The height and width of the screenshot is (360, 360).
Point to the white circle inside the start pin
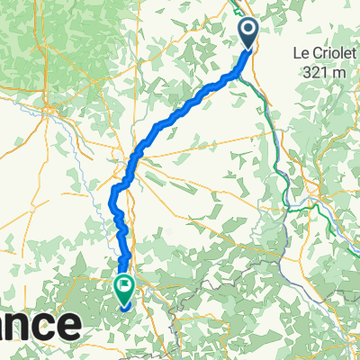tap(249, 32)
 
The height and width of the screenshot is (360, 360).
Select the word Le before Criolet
tap(303, 54)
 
